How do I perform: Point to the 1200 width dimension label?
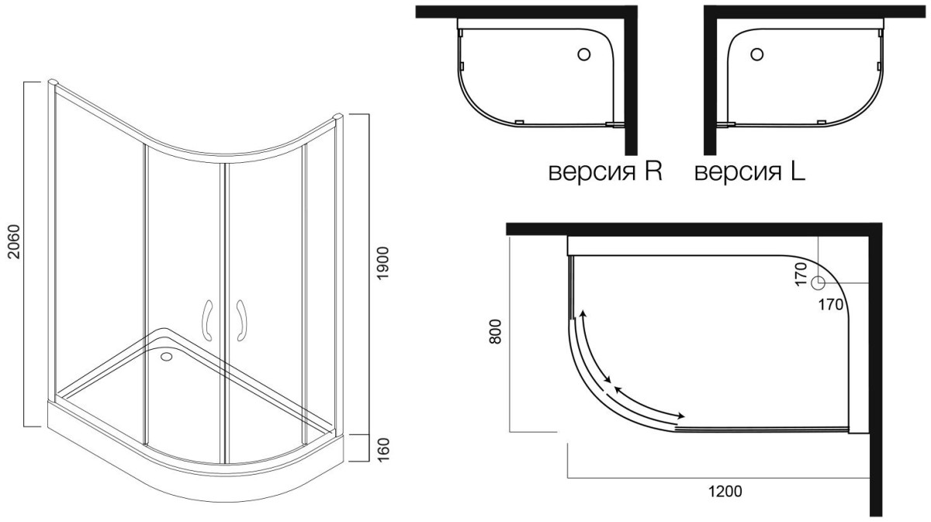coord(725,490)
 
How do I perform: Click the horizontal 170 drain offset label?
coord(832,305)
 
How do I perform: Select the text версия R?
coord(605,171)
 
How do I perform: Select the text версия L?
coord(749,171)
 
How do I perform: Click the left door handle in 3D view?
coord(208,318)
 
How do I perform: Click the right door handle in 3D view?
coord(241,318)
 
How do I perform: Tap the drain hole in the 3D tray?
coord(166,358)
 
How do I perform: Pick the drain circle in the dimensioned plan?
coord(818,283)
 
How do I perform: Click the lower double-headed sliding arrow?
coord(647,402)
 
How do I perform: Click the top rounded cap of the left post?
coord(52,81)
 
